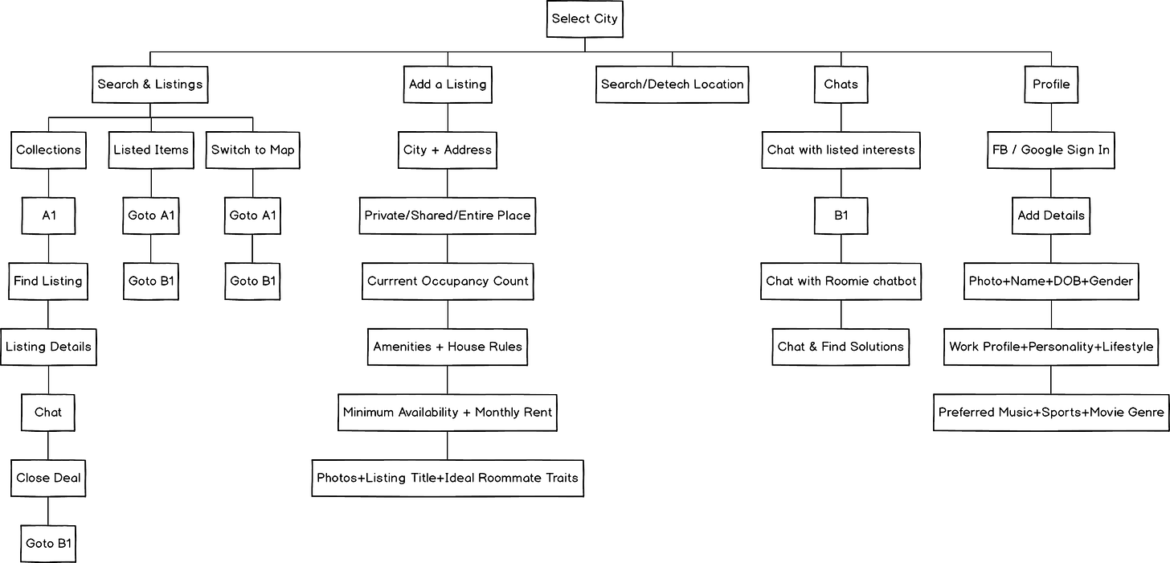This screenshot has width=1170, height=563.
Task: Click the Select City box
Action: [x=585, y=18]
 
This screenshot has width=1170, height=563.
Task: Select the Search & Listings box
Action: [x=150, y=84]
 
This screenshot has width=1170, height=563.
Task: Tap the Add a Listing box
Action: [x=448, y=84]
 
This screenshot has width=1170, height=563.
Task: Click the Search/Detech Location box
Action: [x=673, y=84]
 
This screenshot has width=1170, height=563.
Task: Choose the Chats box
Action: [x=841, y=84]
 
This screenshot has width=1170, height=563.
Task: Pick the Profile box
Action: [x=1051, y=84]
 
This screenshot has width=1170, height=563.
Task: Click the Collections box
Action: [x=49, y=150]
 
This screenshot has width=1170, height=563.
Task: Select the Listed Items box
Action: [x=151, y=150]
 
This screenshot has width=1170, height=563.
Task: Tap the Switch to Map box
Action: [x=253, y=150]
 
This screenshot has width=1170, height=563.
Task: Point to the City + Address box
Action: [x=448, y=150]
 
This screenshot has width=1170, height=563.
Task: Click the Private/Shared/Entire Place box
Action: [x=448, y=216]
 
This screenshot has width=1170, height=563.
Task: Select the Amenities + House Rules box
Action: [x=448, y=347]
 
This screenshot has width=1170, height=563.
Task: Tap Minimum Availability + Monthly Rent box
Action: [x=448, y=413]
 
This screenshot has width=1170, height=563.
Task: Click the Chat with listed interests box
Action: [x=841, y=150]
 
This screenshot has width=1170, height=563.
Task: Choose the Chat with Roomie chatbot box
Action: [x=841, y=281]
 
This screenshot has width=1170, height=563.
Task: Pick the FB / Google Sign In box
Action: [x=1051, y=150]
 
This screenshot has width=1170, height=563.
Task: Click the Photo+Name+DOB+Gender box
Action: [x=1051, y=281]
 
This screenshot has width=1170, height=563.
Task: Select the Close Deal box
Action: [x=49, y=478]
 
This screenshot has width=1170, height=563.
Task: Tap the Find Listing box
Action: [x=48, y=281]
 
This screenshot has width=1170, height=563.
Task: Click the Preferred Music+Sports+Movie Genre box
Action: [x=1051, y=413]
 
